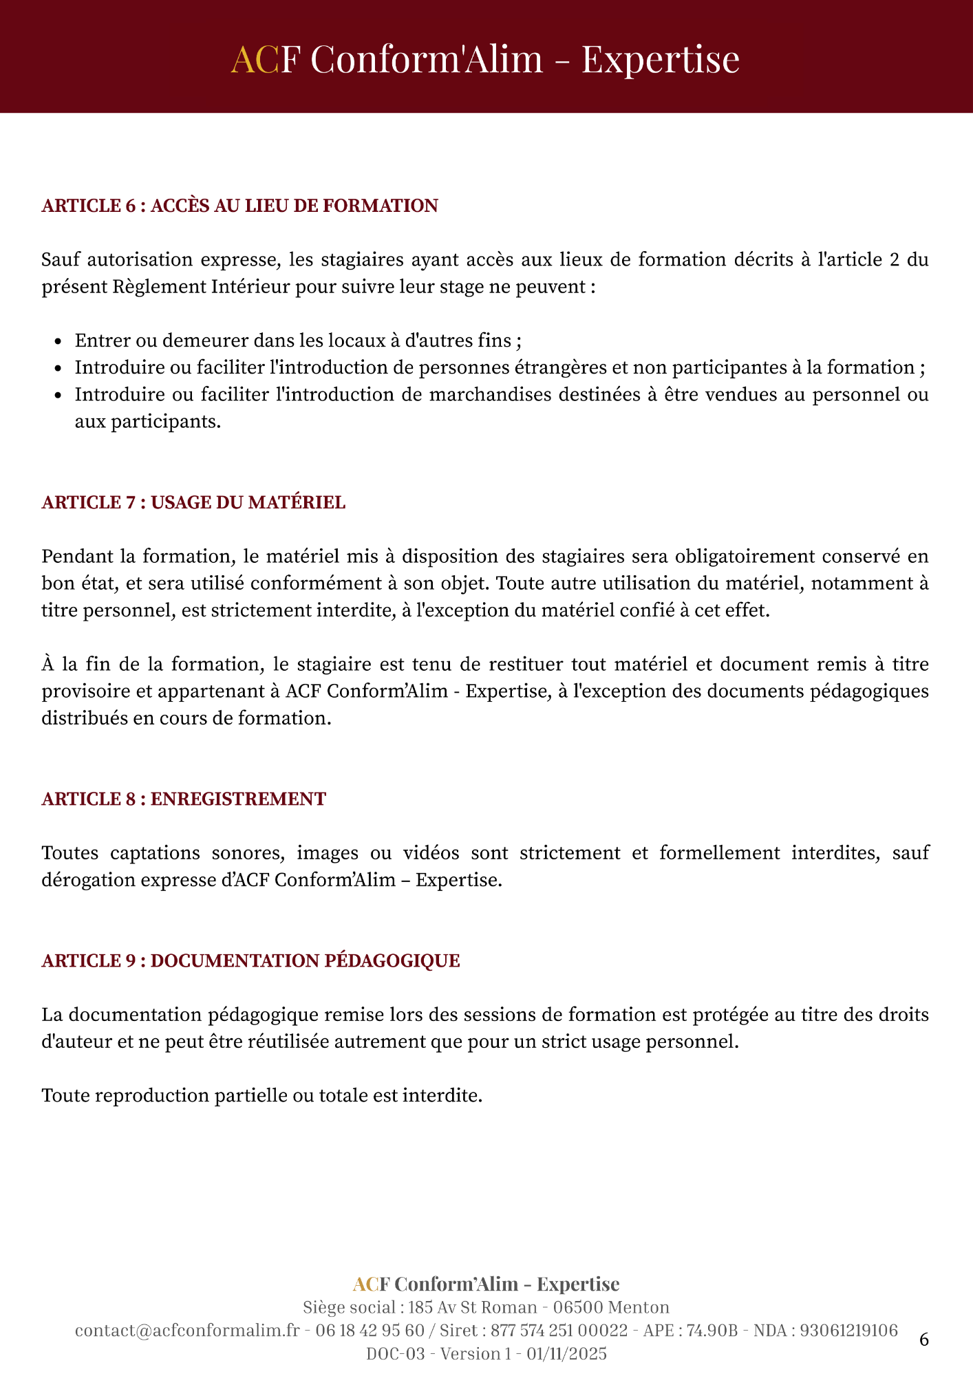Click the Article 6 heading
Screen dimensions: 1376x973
pyautogui.click(x=239, y=206)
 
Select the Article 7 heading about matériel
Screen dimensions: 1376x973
pyautogui.click(x=193, y=502)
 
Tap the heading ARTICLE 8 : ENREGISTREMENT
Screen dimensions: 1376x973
pyautogui.click(x=184, y=799)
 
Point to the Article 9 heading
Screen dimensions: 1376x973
pyautogui.click(x=250, y=960)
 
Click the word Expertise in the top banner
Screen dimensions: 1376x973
pyautogui.click(x=660, y=59)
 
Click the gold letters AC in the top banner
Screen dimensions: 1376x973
pyautogui.click(x=255, y=59)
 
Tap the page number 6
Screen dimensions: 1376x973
pyautogui.click(x=924, y=1340)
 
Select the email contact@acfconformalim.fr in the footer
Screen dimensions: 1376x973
pyautogui.click(x=187, y=1331)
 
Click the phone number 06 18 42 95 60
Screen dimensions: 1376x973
pyautogui.click(x=370, y=1331)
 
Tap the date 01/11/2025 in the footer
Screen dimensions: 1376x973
pyautogui.click(x=566, y=1354)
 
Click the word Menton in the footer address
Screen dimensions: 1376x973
pyautogui.click(x=639, y=1307)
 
